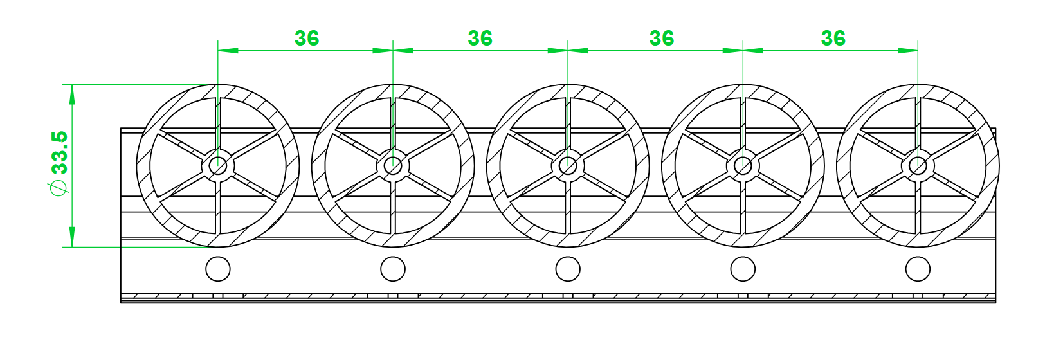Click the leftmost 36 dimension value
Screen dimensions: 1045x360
(307, 39)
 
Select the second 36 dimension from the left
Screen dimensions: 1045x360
(480, 39)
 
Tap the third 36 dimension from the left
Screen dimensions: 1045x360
(662, 39)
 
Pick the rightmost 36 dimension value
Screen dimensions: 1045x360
(833, 39)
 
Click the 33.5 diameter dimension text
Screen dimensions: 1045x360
(60, 152)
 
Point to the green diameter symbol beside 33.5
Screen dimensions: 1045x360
(59, 188)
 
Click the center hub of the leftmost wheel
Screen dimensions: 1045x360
(218, 165)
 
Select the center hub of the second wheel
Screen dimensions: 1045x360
(393, 165)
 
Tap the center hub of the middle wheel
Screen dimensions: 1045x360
(568, 165)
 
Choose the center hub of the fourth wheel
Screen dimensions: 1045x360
(743, 165)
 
